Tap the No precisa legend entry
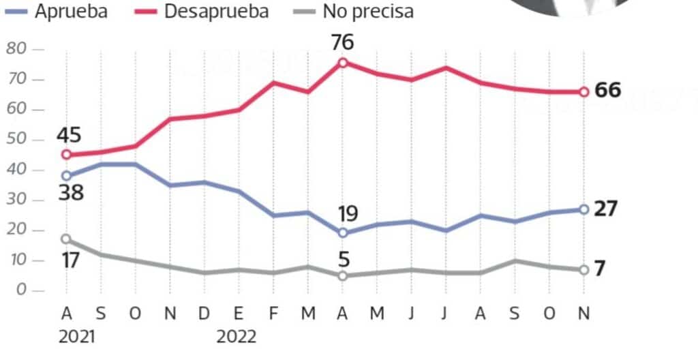coord(357,12)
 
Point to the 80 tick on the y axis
coord(16,49)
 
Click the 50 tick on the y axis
coord(16,140)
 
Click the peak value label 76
coord(343,42)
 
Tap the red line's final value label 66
coord(607,91)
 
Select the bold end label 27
coord(606,209)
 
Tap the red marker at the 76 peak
coord(343,63)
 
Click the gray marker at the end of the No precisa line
coord(583,270)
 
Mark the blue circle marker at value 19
coord(343,233)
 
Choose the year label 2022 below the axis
coord(237,337)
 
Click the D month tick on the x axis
coord(204,313)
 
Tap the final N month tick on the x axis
coord(583,313)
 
